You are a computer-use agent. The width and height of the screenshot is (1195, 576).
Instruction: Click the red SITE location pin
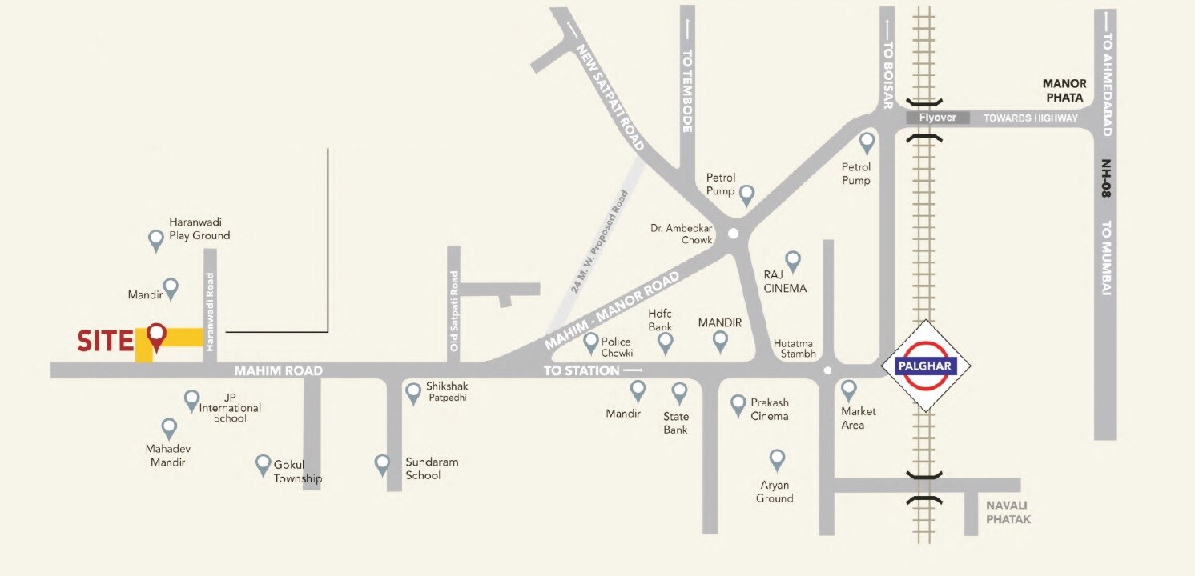point(156,336)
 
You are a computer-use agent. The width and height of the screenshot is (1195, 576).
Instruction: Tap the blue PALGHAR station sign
point(925,366)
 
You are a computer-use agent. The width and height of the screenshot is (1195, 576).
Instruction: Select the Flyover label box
point(937,118)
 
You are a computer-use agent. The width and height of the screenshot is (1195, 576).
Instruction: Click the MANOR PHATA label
point(1064,90)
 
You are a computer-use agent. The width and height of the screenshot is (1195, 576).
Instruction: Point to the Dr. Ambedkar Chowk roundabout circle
point(733,234)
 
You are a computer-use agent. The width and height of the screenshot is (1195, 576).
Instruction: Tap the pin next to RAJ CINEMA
point(792,260)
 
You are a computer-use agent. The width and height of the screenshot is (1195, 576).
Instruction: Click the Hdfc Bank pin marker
point(665,343)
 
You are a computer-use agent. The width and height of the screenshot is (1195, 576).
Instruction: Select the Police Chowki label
point(617,347)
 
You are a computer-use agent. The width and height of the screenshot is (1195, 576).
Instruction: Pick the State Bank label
point(676,422)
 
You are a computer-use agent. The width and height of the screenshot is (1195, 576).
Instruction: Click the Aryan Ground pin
point(776,459)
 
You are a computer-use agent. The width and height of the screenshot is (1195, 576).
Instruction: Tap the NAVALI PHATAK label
point(1008,512)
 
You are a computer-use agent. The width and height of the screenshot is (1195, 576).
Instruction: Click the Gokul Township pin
point(263,464)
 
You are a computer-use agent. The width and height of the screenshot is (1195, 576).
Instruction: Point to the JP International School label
point(230,407)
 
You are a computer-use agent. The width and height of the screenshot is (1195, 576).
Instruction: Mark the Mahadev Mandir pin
point(169,428)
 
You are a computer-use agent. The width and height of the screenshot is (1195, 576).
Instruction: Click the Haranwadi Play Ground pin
point(157,238)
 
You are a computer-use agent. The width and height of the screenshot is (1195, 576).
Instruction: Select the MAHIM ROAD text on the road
point(278,370)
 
